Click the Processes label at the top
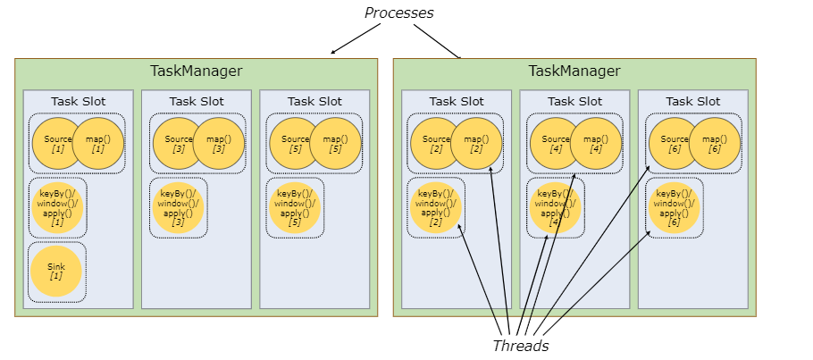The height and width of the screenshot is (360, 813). [398, 13]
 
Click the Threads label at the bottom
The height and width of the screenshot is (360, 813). [520, 346]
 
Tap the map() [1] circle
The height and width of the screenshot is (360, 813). [98, 144]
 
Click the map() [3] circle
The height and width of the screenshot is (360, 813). [219, 144]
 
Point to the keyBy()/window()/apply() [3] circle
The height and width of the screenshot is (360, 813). [178, 207]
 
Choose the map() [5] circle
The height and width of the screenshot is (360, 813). [336, 144]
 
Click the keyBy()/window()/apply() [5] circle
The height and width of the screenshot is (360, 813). [294, 207]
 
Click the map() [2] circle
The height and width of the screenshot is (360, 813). [476, 144]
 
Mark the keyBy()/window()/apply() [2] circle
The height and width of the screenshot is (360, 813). [435, 207]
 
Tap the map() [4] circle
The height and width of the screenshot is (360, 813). [596, 144]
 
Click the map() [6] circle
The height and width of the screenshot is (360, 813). [715, 144]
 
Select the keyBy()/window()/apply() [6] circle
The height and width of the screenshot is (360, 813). [674, 207]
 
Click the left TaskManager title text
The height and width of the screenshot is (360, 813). [196, 71]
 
